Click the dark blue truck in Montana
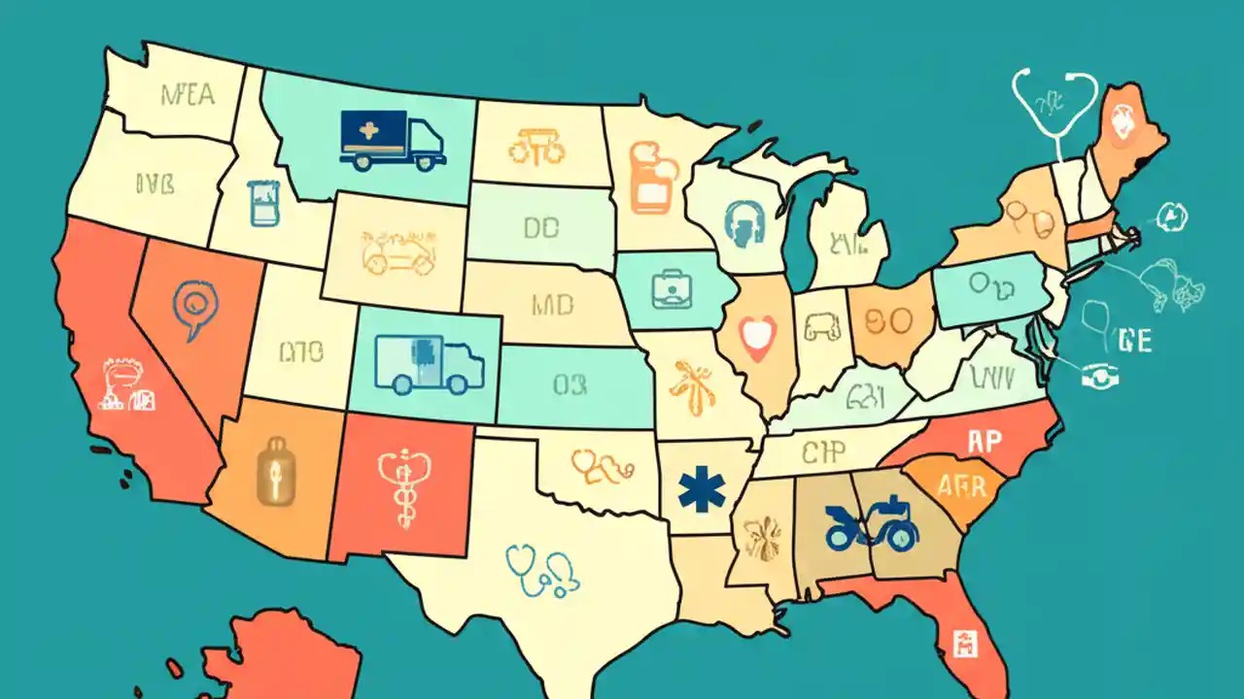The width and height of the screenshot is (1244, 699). [393, 141]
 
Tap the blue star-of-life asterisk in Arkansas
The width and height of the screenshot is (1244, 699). [702, 490]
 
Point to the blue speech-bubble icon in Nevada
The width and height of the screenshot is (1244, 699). [194, 308]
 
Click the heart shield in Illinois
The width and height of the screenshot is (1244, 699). [755, 336]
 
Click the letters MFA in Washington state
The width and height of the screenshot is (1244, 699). [188, 96]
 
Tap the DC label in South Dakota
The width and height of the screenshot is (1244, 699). [540, 228]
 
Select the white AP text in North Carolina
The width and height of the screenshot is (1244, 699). [985, 442]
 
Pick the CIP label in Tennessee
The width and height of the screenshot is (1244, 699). [824, 451]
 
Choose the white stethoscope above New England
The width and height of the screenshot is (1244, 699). [1054, 106]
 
